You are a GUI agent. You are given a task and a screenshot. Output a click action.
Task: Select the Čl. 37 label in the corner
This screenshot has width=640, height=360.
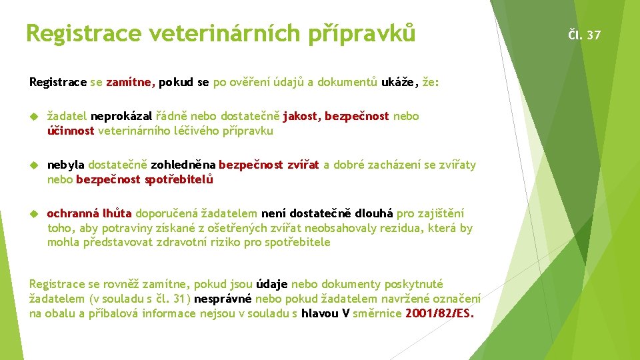(x=584, y=35)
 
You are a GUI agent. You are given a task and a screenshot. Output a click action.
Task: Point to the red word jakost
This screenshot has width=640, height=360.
(x=301, y=117)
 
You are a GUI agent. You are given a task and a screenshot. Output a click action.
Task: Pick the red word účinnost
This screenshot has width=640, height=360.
(x=71, y=131)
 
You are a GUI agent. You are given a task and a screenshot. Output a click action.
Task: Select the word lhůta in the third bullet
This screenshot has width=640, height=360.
(x=117, y=213)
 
